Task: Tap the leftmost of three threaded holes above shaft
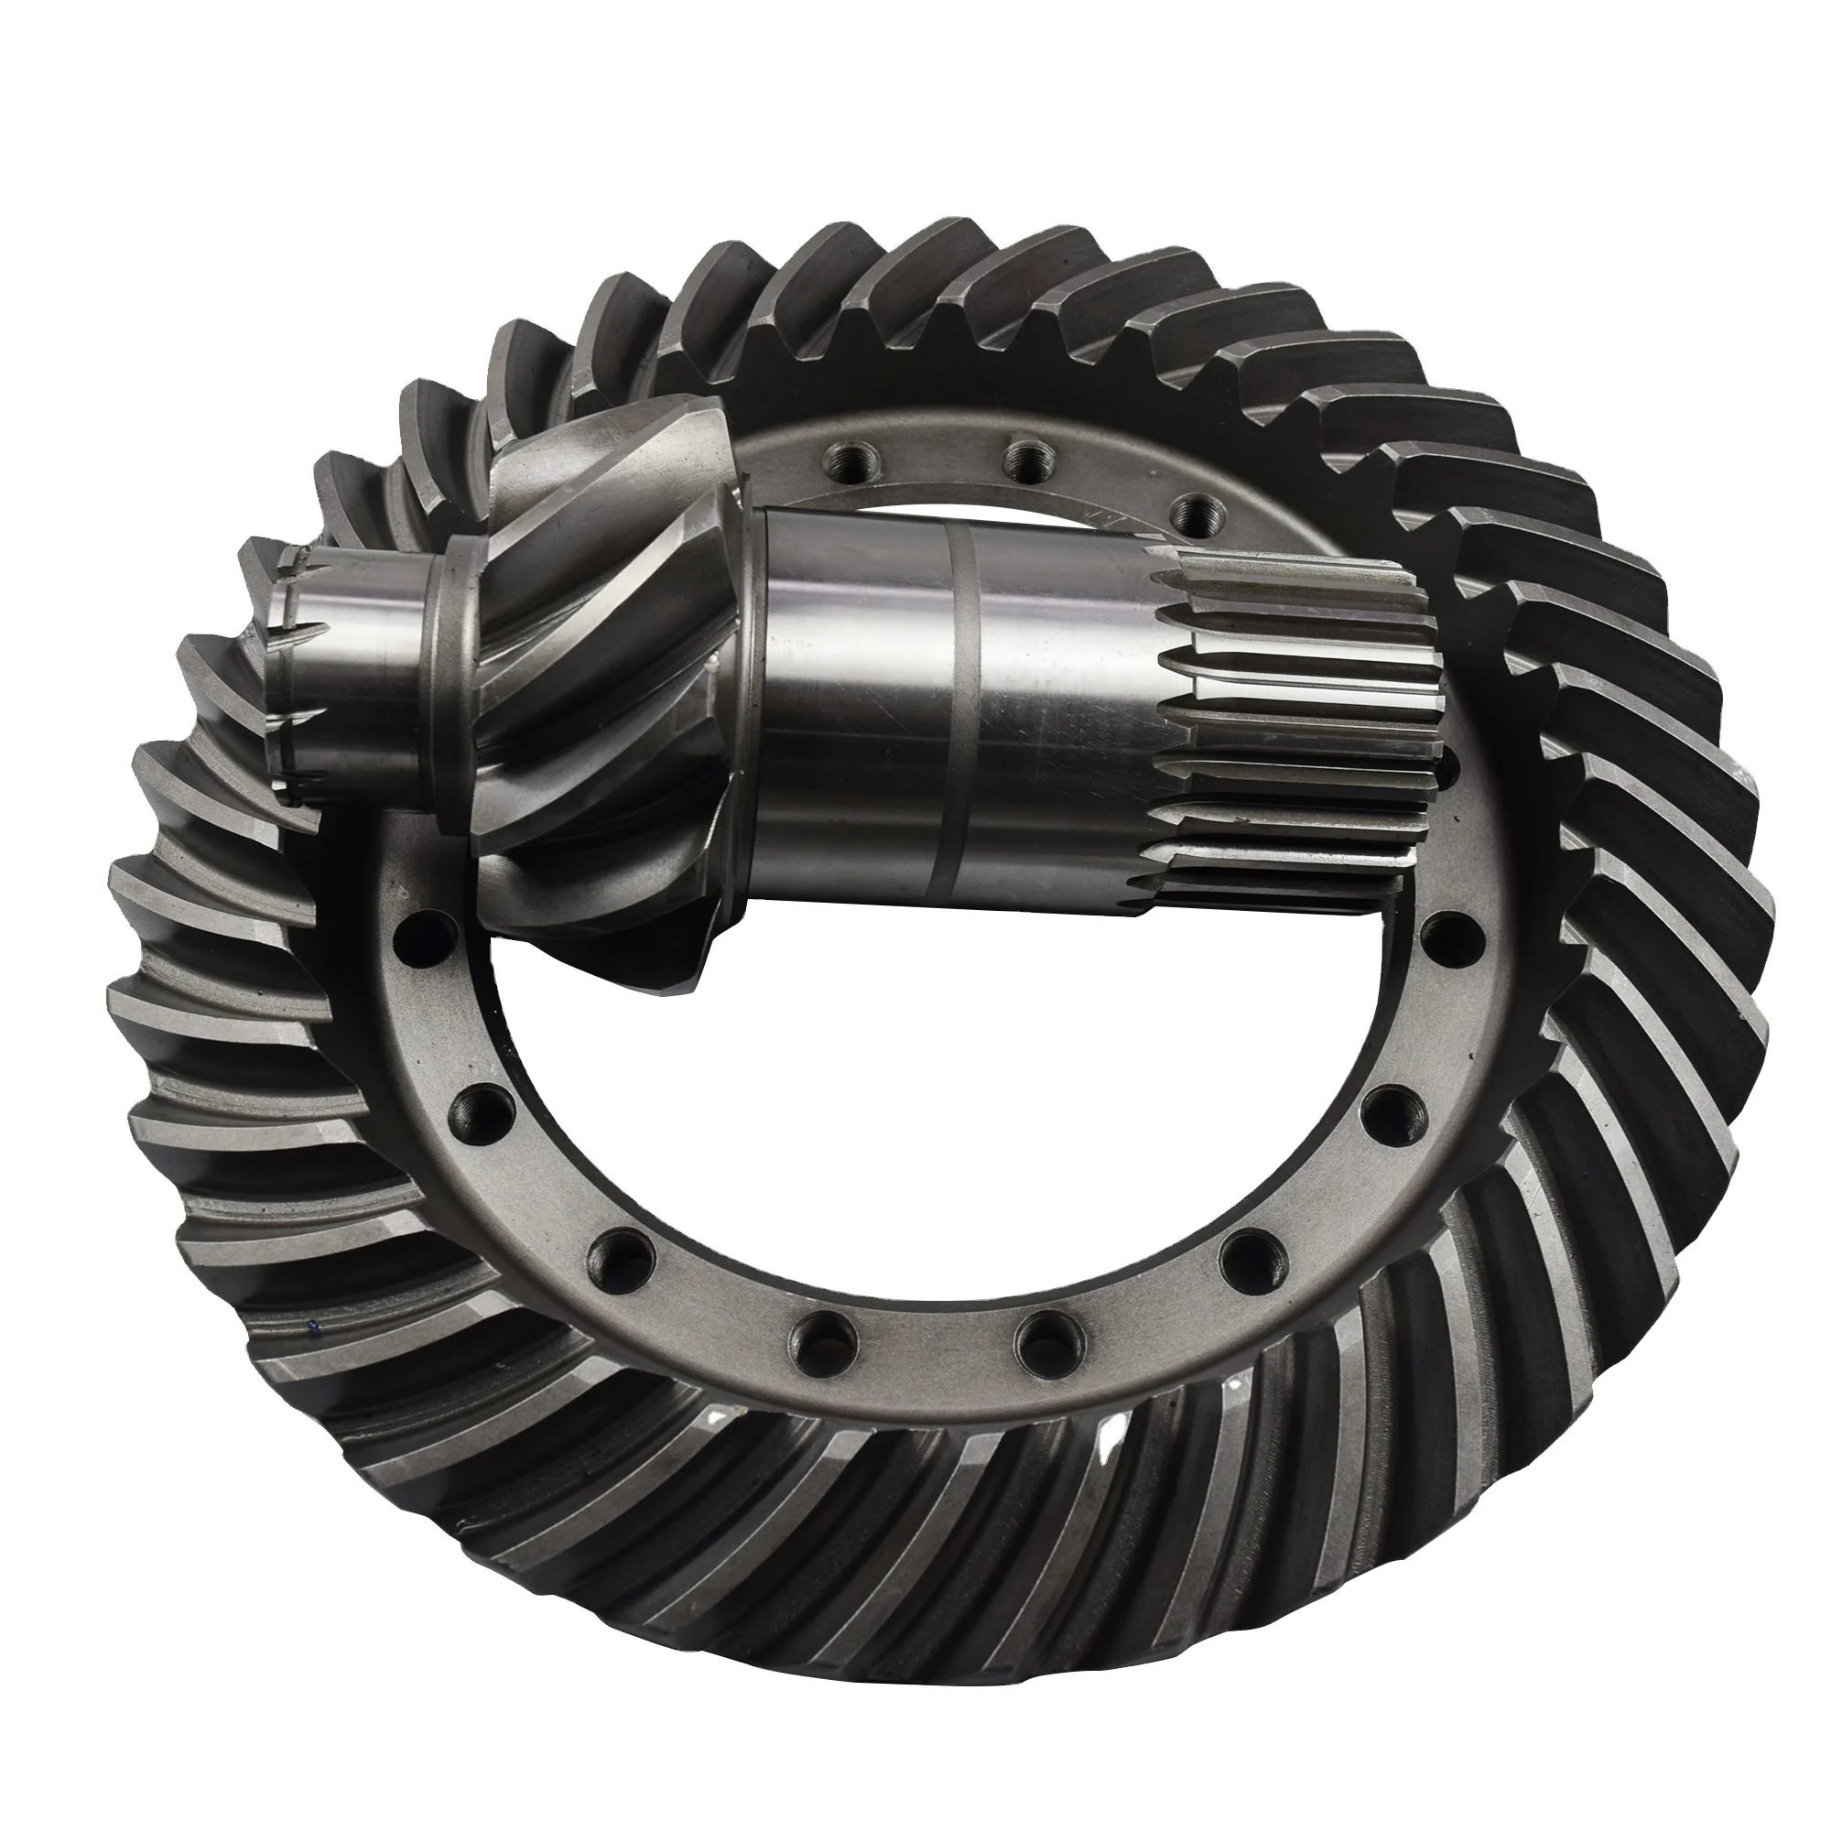(847, 459)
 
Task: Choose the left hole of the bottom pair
(814, 1338)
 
